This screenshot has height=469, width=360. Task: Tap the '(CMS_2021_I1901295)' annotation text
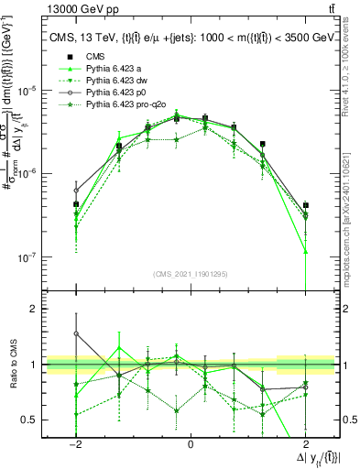coord(190,274)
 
